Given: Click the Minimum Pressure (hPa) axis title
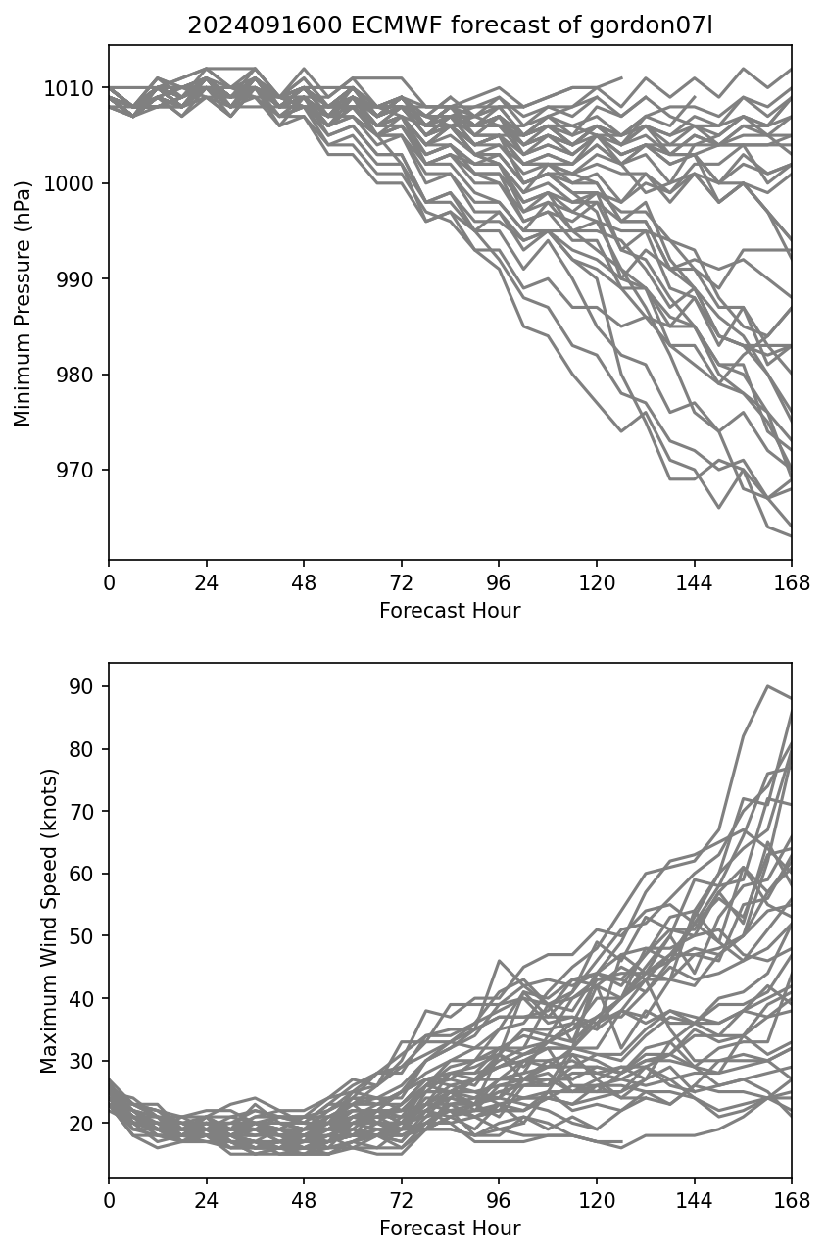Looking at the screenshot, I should (24, 303).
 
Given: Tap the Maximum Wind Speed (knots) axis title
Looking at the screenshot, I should (49, 920).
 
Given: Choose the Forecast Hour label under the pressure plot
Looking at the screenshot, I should (450, 611).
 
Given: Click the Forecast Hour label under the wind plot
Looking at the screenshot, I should (450, 1228).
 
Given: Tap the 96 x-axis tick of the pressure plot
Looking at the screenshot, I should (499, 584).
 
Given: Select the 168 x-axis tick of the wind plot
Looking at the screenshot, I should (792, 1201).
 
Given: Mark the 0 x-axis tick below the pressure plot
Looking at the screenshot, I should (109, 584).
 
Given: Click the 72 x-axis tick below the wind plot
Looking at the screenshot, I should (401, 1201).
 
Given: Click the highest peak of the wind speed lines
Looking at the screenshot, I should (767, 686).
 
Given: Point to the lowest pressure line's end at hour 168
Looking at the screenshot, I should (791, 535).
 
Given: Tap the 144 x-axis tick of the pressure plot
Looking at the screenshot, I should (694, 584).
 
